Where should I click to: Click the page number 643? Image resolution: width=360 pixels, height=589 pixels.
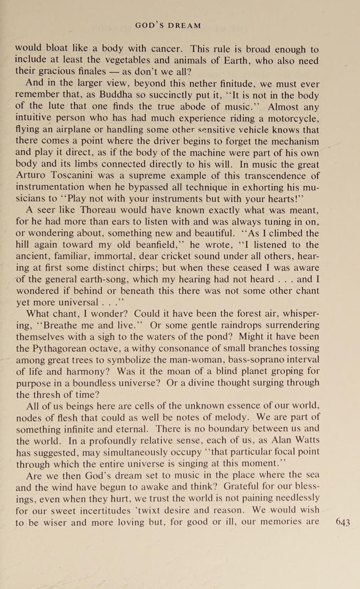click(x=343, y=522)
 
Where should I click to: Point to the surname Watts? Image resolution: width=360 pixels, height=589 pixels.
click(x=306, y=440)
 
